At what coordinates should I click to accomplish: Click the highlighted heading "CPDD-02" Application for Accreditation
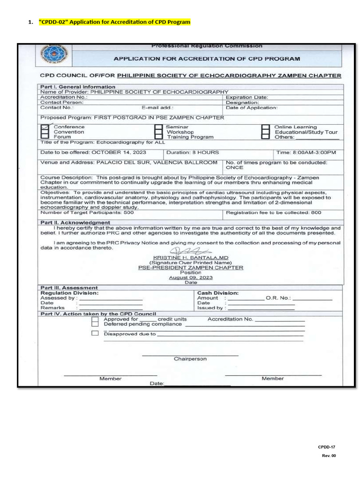click(x=114, y=22)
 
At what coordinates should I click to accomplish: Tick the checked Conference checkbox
click(x=45, y=127)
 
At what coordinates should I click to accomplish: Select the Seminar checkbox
click(x=158, y=127)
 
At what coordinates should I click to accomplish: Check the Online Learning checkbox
click(x=265, y=127)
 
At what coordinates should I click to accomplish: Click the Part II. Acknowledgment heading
click(x=75, y=223)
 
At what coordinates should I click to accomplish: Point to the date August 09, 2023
click(x=191, y=277)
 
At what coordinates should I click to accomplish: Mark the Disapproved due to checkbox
click(x=95, y=333)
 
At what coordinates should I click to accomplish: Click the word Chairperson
click(x=190, y=359)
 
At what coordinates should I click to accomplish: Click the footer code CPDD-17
click(x=326, y=447)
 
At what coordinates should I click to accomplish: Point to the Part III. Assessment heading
click(x=69, y=288)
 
